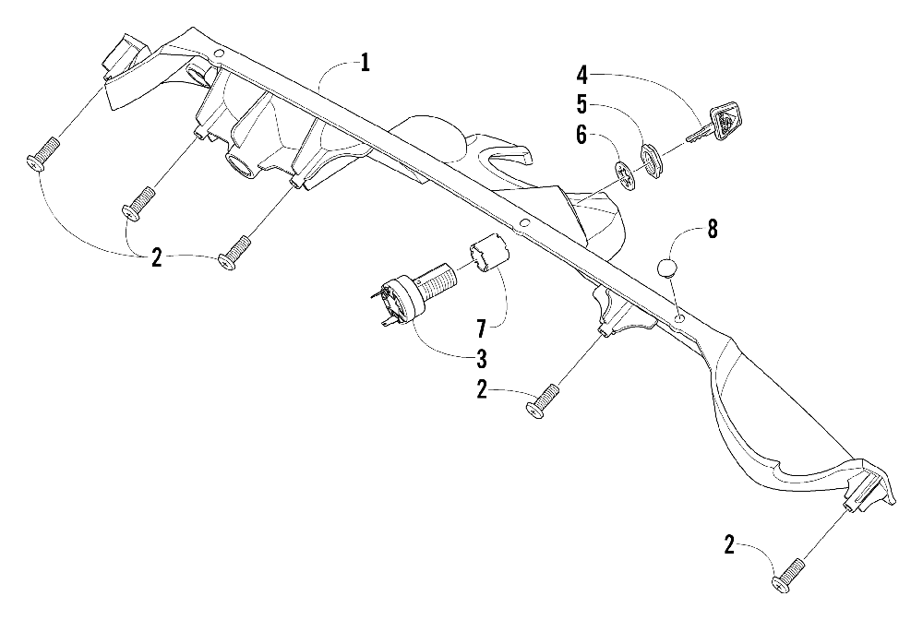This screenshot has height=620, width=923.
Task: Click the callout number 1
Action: (366, 64)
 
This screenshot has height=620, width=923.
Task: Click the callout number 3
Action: (482, 358)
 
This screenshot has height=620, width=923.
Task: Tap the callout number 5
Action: (582, 102)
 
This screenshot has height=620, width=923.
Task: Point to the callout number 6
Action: (582, 135)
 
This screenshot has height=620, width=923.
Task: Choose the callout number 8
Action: (713, 229)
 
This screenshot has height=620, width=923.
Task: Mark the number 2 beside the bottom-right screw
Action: (729, 547)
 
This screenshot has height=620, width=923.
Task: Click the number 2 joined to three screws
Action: (157, 258)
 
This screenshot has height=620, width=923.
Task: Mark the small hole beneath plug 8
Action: (679, 318)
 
